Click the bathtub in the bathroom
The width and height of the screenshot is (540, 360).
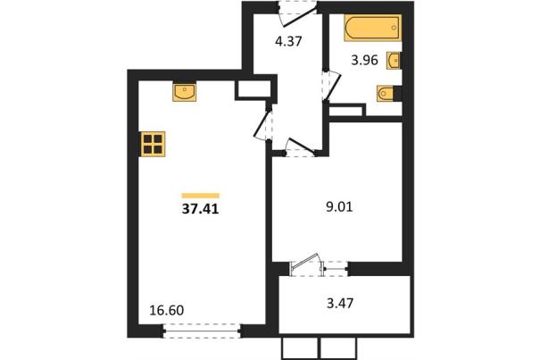click(372, 28)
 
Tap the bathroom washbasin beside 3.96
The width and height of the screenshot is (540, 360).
click(394, 61)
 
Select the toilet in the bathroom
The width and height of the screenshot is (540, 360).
click(385, 93)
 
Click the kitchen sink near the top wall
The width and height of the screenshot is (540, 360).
click(184, 92)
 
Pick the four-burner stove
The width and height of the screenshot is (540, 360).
click(153, 144)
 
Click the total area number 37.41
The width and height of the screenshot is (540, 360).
click(201, 209)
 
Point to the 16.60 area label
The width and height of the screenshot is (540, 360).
click(167, 310)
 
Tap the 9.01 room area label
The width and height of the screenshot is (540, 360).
click(339, 207)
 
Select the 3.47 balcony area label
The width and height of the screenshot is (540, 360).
click(340, 304)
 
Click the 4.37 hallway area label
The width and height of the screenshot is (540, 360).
click(288, 41)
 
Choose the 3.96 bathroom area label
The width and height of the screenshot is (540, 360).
click(365, 61)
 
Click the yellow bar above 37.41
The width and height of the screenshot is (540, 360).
click(201, 196)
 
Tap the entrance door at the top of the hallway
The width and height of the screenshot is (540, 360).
click(297, 13)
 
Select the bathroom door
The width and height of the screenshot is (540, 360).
click(331, 86)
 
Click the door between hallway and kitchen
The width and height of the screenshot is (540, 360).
click(263, 123)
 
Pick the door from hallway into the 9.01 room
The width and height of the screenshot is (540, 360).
click(300, 147)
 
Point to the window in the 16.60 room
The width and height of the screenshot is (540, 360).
click(202, 331)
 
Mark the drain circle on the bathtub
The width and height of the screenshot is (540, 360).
click(394, 28)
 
